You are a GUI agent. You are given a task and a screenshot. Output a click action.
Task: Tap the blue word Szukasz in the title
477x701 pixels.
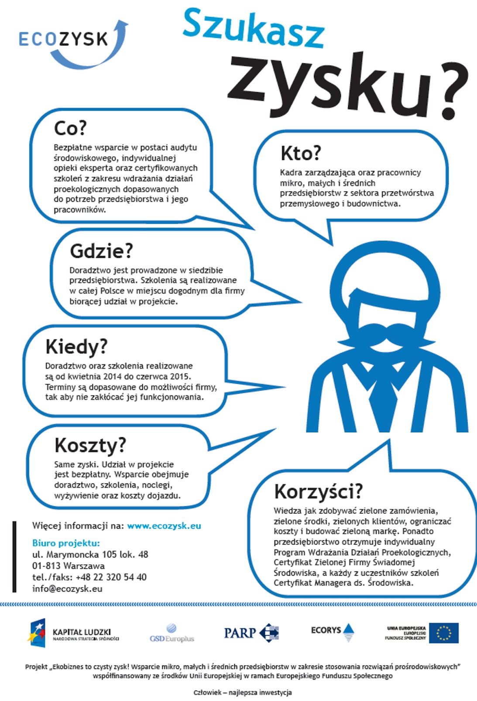[x=253, y=28]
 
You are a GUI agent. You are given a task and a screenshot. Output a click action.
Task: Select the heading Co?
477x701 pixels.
[x=70, y=128]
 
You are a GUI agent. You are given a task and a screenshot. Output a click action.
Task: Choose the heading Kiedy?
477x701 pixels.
[x=76, y=347]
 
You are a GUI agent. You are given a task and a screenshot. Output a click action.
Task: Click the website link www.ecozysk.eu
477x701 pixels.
[x=164, y=526]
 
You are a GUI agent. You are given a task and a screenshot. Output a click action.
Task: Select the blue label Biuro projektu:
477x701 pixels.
[x=66, y=543]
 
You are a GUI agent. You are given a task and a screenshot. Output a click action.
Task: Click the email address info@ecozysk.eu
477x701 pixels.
[x=67, y=588]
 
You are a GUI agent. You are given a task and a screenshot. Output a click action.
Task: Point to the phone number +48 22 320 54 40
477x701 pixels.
[x=111, y=577]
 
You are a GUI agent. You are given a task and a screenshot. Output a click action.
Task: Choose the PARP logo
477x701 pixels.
[x=251, y=632]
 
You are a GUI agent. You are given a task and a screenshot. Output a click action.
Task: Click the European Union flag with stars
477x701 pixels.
[x=444, y=632]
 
